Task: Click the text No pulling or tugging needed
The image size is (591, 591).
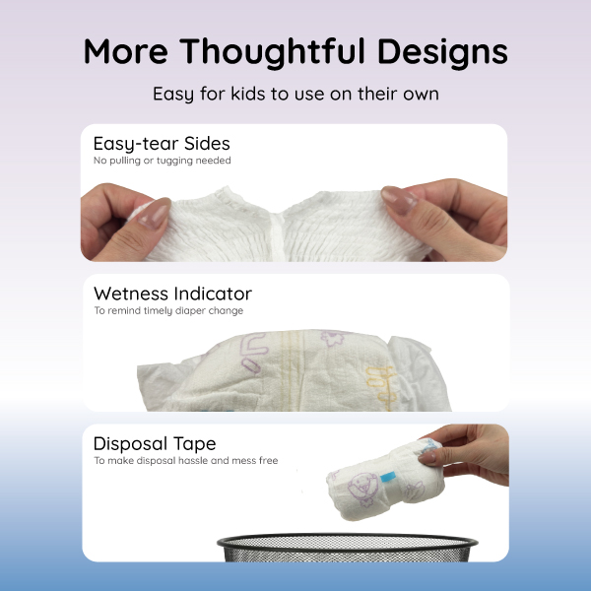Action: point(162,160)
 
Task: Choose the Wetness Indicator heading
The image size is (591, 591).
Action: point(172,294)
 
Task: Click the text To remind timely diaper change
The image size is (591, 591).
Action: point(167,311)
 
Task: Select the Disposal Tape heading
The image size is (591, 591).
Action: point(155,443)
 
